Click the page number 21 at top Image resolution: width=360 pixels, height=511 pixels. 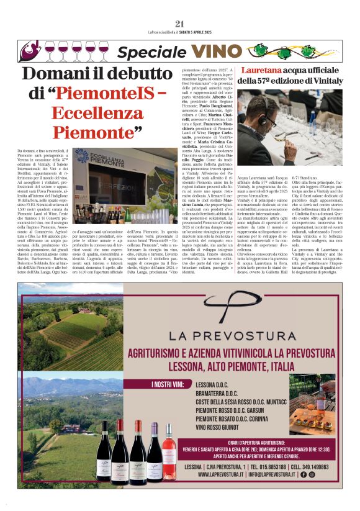180,24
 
